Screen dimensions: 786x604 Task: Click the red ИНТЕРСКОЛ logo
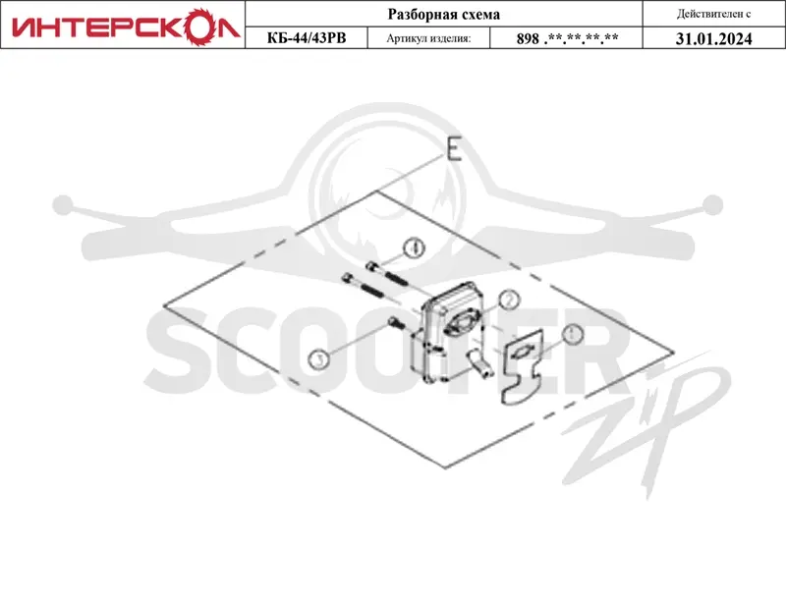(126, 27)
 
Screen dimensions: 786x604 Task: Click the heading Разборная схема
(444, 14)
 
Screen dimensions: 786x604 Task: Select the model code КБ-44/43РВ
(307, 38)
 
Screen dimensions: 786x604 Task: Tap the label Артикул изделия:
(428, 38)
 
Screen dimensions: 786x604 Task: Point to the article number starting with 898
(567, 38)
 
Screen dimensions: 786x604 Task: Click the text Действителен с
(713, 14)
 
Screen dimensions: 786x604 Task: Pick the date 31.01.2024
(714, 38)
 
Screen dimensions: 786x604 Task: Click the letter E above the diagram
(454, 149)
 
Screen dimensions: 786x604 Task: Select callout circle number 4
(414, 248)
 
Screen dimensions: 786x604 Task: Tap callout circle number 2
(509, 301)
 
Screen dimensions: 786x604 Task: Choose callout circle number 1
(573, 334)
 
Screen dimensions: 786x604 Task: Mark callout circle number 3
(318, 358)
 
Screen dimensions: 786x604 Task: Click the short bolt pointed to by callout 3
(396, 323)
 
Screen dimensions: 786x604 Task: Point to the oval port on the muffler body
(459, 323)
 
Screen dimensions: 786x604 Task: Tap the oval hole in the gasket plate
(522, 353)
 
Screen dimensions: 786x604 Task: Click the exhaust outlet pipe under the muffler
(478, 364)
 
